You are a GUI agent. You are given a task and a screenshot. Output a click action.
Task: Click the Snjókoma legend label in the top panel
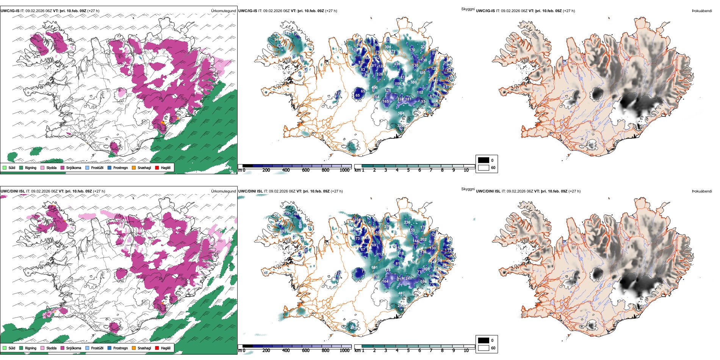(74, 168)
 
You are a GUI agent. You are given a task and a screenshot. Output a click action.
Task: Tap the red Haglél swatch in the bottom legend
(157, 348)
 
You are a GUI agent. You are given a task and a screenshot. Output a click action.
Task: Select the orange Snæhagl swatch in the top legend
(134, 168)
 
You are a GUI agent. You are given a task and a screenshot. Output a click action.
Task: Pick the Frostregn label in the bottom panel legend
(121, 348)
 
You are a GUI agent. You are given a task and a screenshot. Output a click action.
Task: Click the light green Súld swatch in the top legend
(5, 168)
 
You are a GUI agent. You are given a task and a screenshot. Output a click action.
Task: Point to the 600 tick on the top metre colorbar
(306, 170)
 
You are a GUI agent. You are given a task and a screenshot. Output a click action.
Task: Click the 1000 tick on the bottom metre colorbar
(344, 351)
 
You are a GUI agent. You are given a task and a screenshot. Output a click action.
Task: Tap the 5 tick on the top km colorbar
(409, 170)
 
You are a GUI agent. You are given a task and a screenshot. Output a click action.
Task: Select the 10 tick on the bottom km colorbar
(466, 351)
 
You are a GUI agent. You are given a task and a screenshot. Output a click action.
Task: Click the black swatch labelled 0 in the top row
(484, 160)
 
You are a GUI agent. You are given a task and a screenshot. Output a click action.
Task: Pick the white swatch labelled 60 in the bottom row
(484, 348)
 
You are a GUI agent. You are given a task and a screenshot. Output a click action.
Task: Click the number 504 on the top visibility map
(401, 113)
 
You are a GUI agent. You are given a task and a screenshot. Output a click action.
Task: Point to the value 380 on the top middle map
(413, 82)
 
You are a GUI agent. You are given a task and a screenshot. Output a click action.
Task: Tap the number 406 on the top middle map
(374, 88)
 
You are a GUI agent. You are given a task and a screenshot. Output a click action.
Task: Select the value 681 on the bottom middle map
(374, 268)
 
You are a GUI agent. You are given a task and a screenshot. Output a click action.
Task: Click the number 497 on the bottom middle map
(401, 293)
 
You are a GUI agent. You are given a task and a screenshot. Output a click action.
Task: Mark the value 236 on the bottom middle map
(407, 222)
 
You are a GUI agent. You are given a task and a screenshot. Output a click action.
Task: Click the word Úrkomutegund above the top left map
(223, 11)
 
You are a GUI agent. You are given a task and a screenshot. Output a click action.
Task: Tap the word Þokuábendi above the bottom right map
(702, 191)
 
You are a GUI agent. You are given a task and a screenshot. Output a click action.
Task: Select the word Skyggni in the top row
(468, 9)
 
